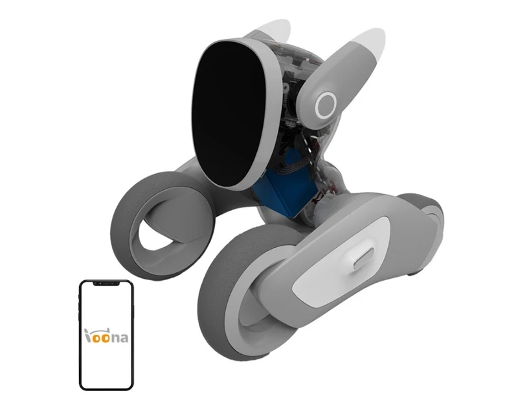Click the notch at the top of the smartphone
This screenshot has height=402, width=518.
(106, 283)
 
